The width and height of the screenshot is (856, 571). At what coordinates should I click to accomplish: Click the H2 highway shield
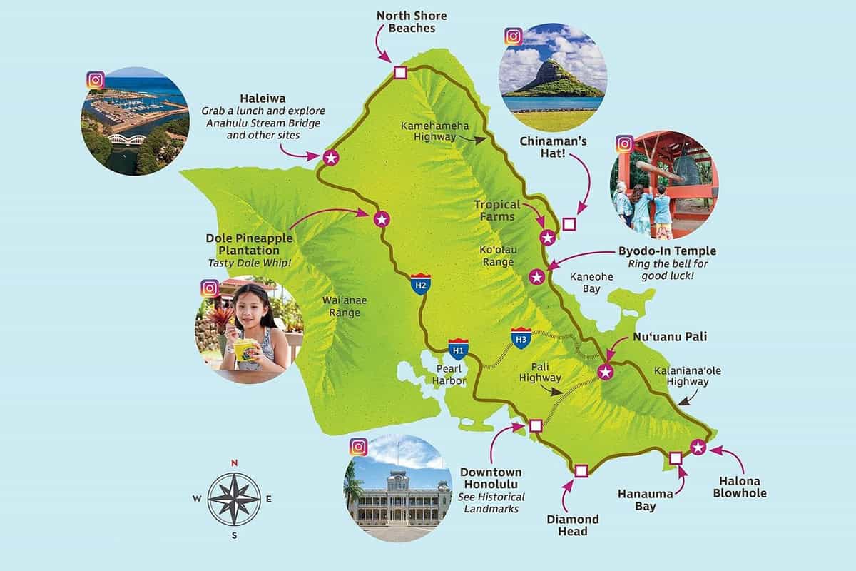coord(421,284)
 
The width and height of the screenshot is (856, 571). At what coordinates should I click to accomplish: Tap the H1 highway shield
coord(459,349)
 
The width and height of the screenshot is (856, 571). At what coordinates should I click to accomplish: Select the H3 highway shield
coord(521,339)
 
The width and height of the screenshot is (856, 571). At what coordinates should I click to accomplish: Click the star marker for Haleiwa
coord(330,158)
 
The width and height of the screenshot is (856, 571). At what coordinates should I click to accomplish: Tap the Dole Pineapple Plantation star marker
coord(382,219)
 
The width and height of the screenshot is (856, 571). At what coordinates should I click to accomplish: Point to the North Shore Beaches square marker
coord(400,72)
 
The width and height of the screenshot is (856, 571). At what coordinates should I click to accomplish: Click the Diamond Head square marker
coord(581,470)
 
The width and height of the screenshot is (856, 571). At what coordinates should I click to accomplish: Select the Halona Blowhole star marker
coord(698,448)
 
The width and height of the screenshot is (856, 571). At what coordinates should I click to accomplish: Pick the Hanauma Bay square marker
coord(676,457)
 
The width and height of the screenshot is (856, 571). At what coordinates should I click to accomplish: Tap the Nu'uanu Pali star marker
coord(605,371)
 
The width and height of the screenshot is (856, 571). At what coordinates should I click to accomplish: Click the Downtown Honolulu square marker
coord(536,426)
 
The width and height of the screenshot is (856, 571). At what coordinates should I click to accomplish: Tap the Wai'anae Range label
coord(340,306)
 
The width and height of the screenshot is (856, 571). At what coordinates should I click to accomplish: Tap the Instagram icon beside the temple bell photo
coord(624,144)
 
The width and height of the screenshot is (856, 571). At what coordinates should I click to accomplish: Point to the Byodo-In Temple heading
coord(668,251)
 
